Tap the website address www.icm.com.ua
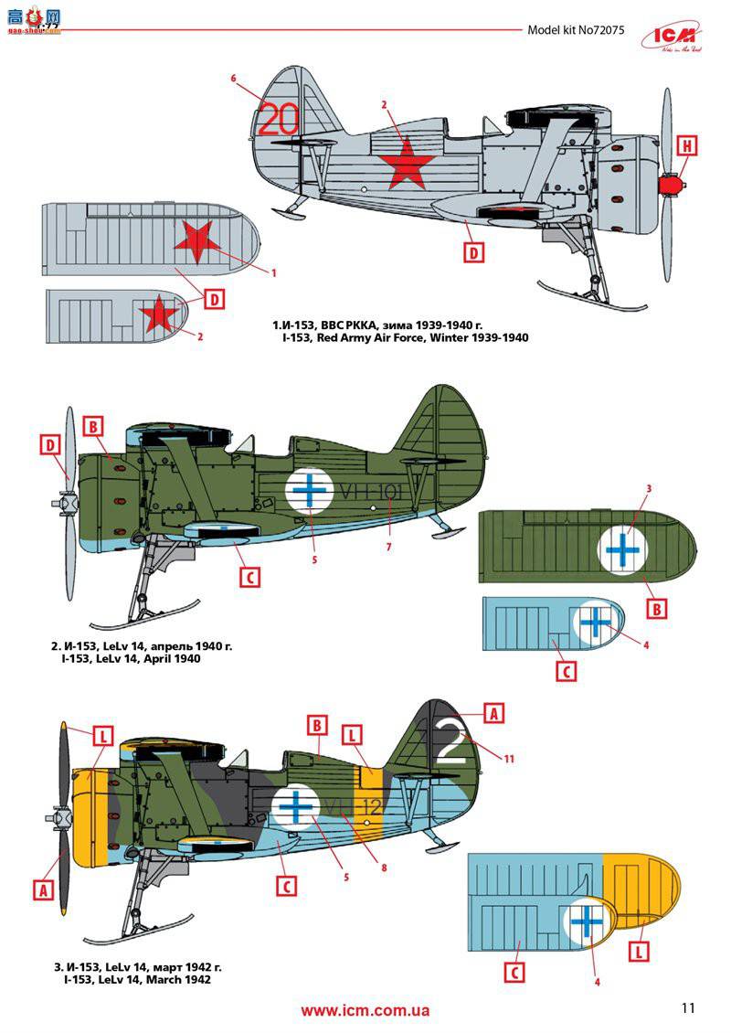click(x=365, y=1010)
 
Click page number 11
click(x=688, y=1007)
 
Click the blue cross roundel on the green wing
click(x=624, y=548)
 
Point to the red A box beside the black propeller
click(x=42, y=888)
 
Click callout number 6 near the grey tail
click(x=234, y=80)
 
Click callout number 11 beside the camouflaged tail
click(x=510, y=758)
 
